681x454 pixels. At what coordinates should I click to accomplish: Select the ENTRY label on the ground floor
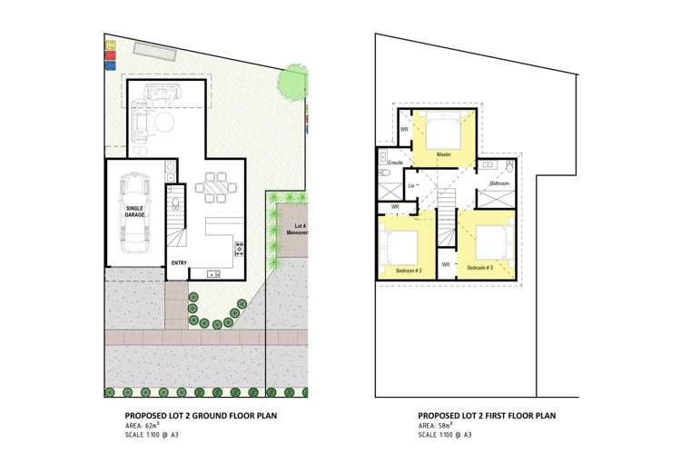click(x=179, y=263)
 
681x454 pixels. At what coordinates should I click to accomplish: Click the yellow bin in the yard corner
click(x=110, y=44)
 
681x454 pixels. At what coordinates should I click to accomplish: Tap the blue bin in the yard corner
click(x=110, y=64)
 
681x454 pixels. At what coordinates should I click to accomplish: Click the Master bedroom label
click(x=443, y=154)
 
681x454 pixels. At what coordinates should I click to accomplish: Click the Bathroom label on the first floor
click(x=499, y=183)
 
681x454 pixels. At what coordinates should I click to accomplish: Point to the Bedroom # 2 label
click(x=409, y=271)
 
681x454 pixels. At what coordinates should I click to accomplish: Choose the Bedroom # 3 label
click(x=479, y=270)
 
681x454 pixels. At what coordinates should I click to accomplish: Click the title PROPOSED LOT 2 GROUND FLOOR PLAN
click(x=201, y=416)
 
